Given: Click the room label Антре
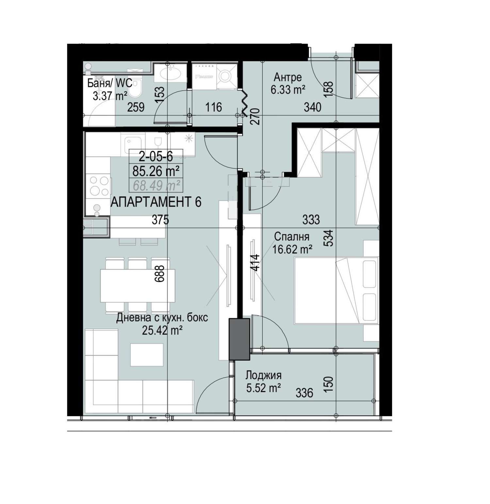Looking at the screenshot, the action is tap(287, 77).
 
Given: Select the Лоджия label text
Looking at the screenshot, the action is tap(263, 375).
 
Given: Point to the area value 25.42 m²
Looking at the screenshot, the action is tap(162, 331).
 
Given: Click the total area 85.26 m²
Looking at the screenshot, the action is tap(156, 171).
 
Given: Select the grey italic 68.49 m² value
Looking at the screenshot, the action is tap(156, 186).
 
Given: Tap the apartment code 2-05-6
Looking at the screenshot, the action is tap(156, 157).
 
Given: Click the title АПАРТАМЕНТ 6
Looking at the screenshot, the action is tap(156, 202).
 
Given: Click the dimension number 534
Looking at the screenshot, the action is tap(330, 238).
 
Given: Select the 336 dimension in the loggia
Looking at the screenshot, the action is tap(304, 393).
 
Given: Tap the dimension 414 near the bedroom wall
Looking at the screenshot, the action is tap(256, 263).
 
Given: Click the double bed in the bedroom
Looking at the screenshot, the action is tap(336, 291).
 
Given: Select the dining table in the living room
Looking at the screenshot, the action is tap(138, 286).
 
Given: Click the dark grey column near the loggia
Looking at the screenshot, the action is tap(239, 339).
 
